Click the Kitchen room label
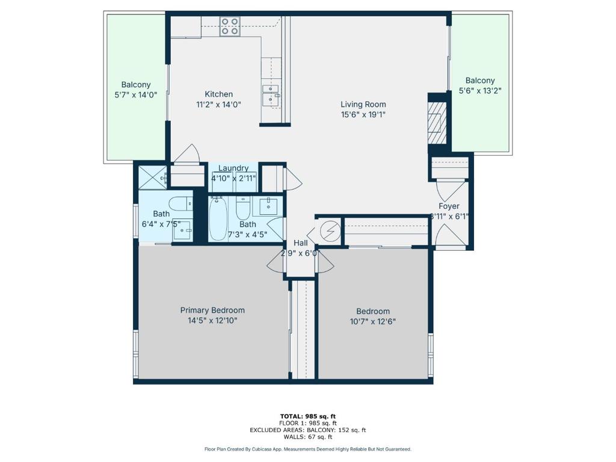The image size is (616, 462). tap(219, 94)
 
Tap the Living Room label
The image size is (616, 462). tap(363, 105)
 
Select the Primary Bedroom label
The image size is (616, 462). tap(212, 310)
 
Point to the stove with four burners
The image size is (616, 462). tap(229, 26)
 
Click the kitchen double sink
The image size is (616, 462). tap(271, 94)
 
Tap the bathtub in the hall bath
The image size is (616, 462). tap(218, 219)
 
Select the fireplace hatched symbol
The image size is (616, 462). tap(437, 123)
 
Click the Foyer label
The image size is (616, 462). tap(449, 206)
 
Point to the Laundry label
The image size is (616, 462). tap(233, 168)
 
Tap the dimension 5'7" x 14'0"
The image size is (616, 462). tap(136, 94)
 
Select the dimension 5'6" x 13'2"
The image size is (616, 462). tap(480, 91)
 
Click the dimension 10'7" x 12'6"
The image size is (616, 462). tap(373, 322)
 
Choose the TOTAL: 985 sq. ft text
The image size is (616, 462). tap(308, 416)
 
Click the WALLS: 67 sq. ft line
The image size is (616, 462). tap(308, 437)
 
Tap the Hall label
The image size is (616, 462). tap(301, 243)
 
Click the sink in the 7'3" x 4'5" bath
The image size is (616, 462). tap(268, 206)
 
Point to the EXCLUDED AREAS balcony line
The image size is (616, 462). tap(308, 430)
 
